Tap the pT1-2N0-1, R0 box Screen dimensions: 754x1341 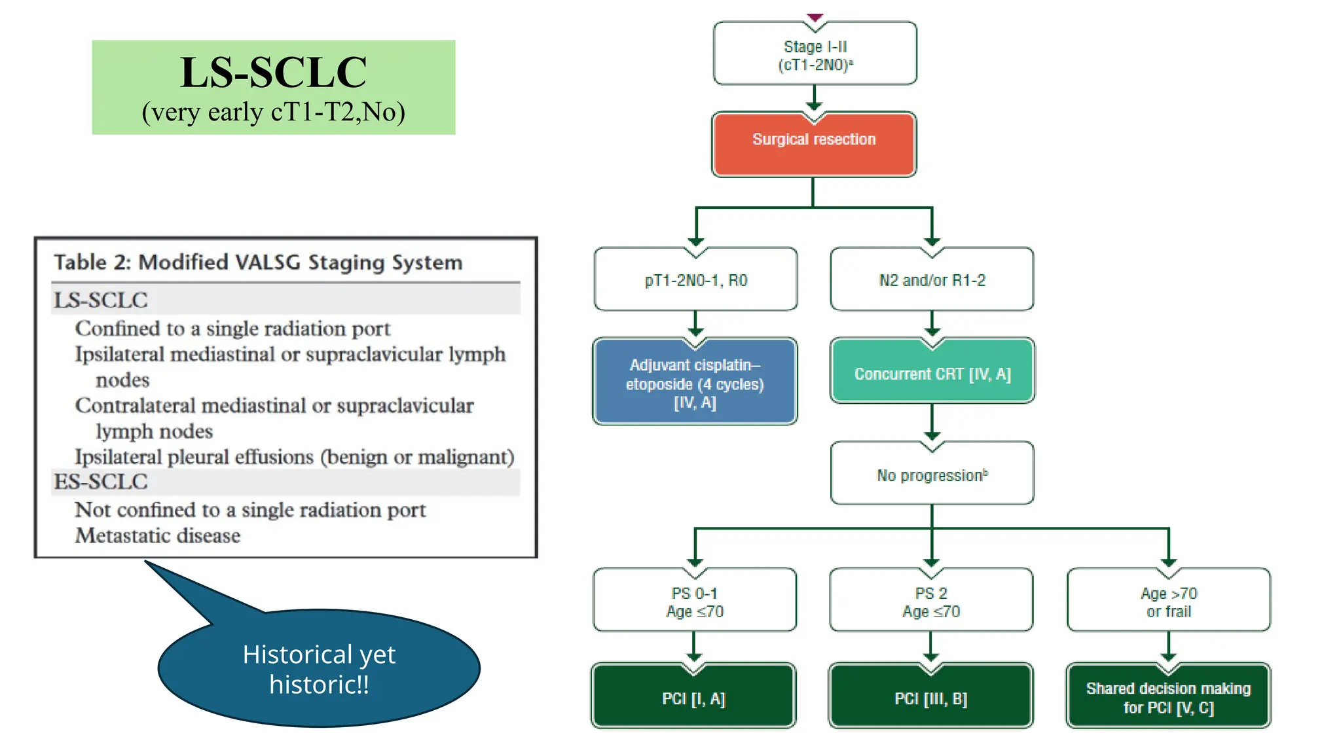pyautogui.click(x=695, y=280)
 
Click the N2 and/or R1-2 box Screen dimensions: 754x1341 pyautogui.click(x=932, y=280)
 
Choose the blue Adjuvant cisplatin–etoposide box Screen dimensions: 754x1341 pyautogui.click(x=695, y=383)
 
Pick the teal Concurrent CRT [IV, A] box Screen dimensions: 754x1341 pyautogui.click(x=932, y=373)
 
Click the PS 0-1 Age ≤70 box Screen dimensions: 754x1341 pyautogui.click(x=695, y=601)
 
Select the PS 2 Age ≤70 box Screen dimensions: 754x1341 pyautogui.click(x=931, y=601)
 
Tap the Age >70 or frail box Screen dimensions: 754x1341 pyautogui.click(x=1168, y=601)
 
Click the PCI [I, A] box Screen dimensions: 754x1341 pyautogui.click(x=693, y=698)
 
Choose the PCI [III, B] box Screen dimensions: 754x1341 pyautogui.click(x=930, y=698)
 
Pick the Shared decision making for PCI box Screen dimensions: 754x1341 pyautogui.click(x=1168, y=698)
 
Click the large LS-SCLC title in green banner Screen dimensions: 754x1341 pyautogui.click(x=273, y=72)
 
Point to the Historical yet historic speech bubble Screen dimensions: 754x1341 pyautogui.click(x=319, y=669)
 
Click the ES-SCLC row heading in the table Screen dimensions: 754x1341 pyautogui.click(x=101, y=482)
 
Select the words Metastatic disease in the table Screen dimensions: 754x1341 pyautogui.click(x=158, y=535)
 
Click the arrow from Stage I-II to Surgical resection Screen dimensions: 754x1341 pyautogui.click(x=814, y=98)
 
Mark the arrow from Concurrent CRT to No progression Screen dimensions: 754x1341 pyautogui.click(x=932, y=422)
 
